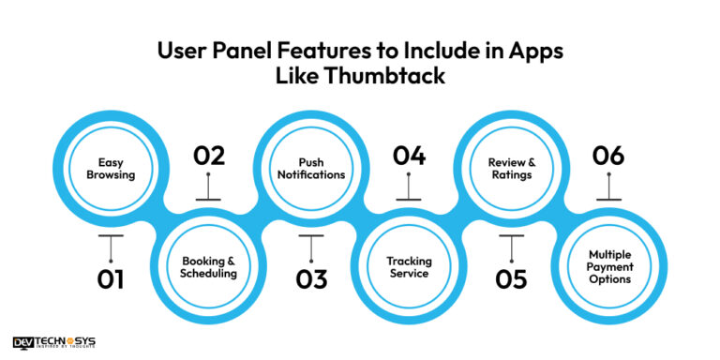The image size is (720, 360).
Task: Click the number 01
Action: pyautogui.click(x=111, y=277)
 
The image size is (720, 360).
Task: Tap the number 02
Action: pyautogui.click(x=208, y=156)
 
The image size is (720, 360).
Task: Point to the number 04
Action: pyautogui.click(x=409, y=156)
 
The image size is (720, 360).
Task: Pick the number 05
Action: pyautogui.click(x=511, y=277)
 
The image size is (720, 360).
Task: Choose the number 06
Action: pyautogui.click(x=608, y=156)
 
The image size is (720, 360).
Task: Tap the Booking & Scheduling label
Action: pyautogui.click(x=209, y=266)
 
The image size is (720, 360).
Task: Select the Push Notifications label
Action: pyautogui.click(x=309, y=168)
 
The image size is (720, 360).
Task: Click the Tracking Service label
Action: pyautogui.click(x=409, y=266)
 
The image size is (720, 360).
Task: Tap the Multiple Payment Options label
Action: pyautogui.click(x=608, y=266)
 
